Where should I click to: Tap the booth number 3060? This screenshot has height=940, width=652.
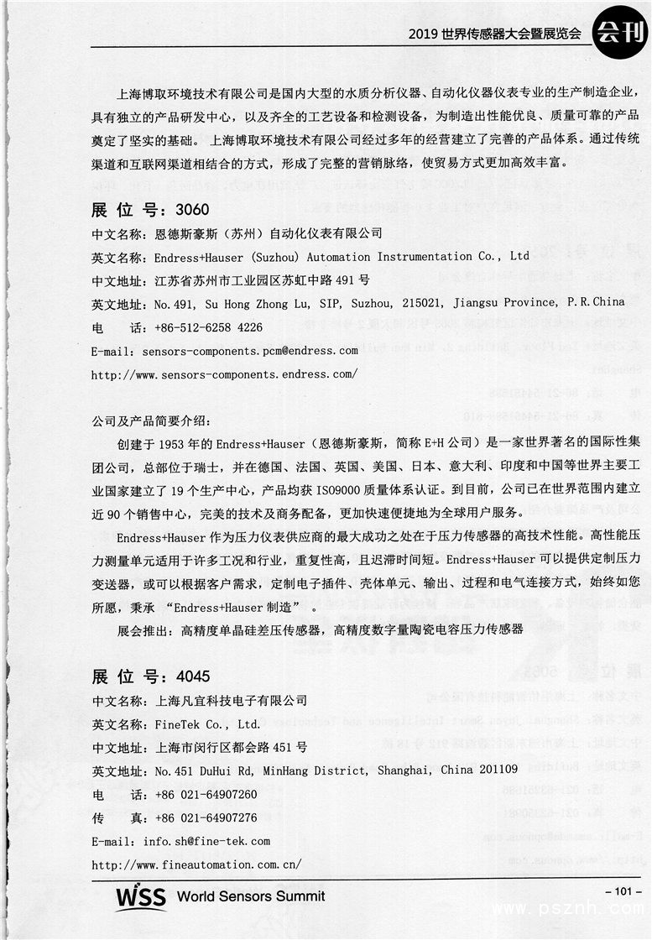coord(191,209)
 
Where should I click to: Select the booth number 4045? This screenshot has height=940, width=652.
coord(191,676)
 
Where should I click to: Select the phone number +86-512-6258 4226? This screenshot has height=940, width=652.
coord(209,326)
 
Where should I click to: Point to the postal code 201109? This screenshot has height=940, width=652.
coord(496,770)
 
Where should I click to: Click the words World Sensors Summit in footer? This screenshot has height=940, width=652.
coord(251,896)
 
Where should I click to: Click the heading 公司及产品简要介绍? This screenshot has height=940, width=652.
coord(152,419)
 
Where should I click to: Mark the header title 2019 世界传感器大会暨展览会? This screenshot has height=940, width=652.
coord(494,34)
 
